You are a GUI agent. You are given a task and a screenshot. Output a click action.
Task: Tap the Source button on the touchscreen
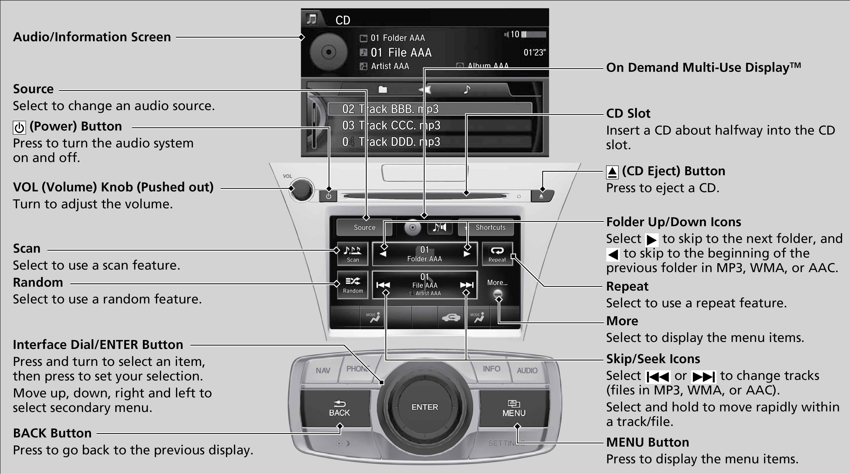tap(364, 227)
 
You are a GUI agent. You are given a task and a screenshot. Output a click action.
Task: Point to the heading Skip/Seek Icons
tap(653, 359)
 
